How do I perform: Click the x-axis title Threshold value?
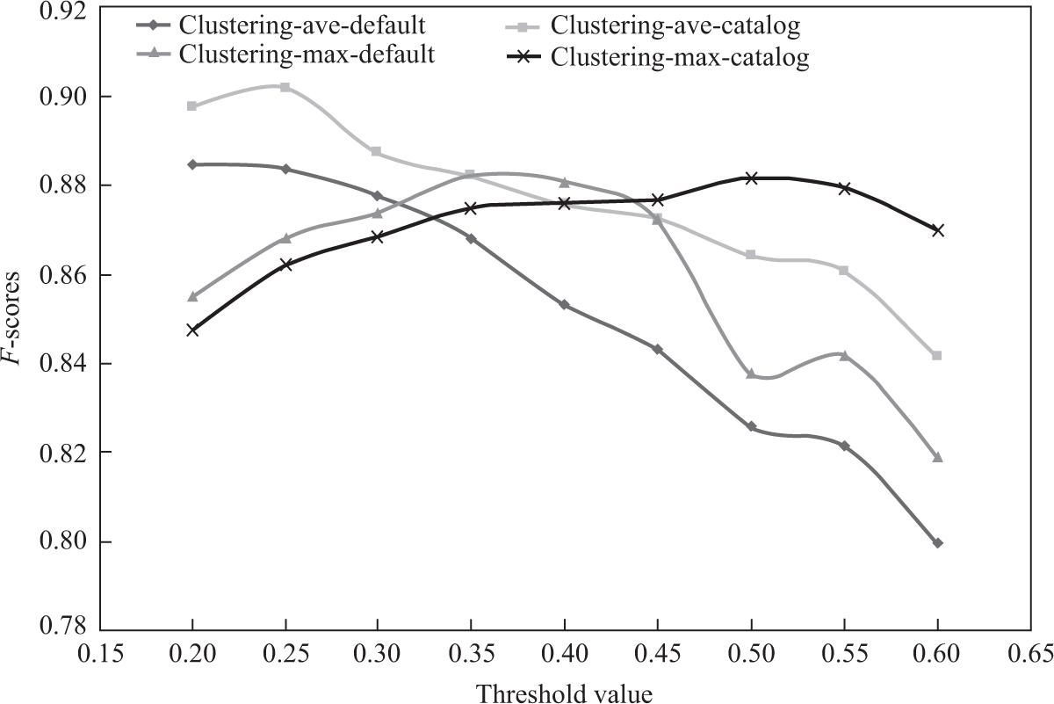coord(565,693)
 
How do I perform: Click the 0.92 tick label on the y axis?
coord(64,11)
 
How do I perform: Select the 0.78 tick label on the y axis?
coord(64,629)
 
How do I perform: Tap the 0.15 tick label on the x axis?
coord(100,653)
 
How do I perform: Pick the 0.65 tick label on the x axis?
coord(1029,653)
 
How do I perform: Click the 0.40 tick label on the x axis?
coord(565,653)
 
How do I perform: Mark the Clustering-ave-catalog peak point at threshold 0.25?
coord(285,87)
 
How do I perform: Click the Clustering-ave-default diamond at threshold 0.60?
coord(937,543)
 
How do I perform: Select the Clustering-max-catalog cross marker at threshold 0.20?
coord(192,330)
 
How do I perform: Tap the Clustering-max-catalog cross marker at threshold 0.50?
coord(751,178)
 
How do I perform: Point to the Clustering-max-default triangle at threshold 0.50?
coord(751,374)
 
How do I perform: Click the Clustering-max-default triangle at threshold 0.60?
coord(937,457)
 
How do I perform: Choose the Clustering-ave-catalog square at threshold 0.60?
coord(937,355)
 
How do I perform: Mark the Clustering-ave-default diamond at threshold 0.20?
coord(192,164)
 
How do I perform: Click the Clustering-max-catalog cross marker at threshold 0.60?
coord(937,230)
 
